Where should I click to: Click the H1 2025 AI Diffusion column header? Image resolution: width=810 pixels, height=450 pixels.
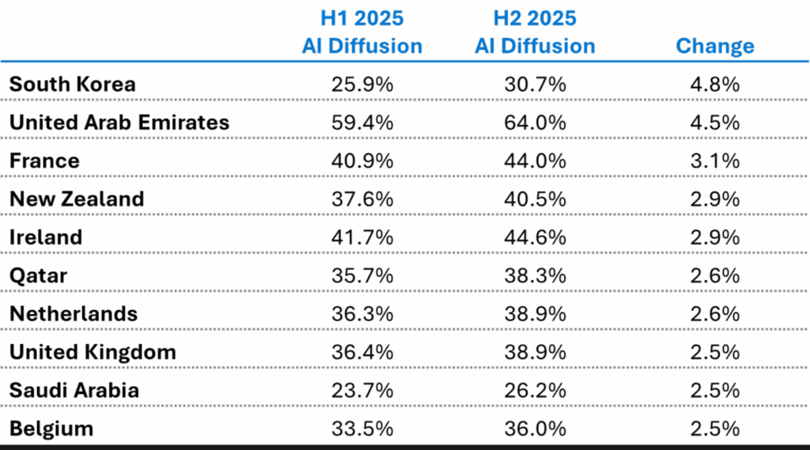[361, 32]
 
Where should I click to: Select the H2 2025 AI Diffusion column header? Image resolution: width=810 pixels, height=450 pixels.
[535, 32]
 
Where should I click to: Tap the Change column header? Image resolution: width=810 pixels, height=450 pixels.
[714, 46]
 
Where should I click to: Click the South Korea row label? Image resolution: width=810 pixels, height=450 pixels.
[72, 85]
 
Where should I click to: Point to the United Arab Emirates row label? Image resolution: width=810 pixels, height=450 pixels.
[119, 123]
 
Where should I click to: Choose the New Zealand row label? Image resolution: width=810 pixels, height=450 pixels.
[77, 199]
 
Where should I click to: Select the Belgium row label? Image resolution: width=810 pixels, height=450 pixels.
[51, 429]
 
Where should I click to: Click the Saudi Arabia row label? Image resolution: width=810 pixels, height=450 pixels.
[74, 391]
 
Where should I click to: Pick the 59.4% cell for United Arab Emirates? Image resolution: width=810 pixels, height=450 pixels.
[361, 123]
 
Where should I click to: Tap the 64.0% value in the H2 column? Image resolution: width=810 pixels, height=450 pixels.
[535, 123]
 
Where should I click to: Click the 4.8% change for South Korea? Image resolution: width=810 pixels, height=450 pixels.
[714, 85]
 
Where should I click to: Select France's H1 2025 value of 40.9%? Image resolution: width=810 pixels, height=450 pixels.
[361, 161]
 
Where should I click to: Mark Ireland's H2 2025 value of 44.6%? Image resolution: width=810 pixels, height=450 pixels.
[535, 237]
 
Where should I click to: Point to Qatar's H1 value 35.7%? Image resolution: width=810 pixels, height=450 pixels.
[361, 276]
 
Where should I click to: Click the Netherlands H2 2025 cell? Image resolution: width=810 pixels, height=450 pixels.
[535, 314]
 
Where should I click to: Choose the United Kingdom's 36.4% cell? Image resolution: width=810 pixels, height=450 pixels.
[361, 352]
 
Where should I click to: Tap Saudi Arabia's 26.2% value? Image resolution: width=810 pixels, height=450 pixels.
[535, 391]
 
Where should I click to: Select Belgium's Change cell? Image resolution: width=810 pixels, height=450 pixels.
[714, 429]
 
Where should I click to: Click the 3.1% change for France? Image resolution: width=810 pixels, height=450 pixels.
[714, 161]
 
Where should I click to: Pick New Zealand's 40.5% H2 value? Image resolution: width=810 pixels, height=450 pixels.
[535, 199]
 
